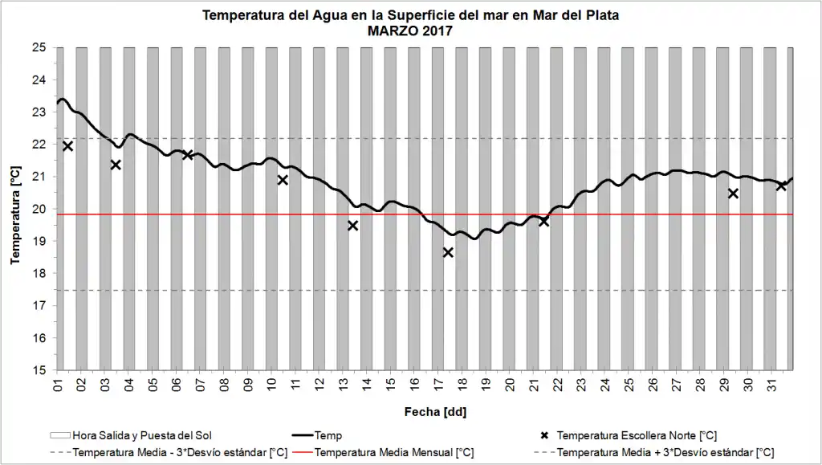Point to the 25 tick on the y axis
(x=39, y=47)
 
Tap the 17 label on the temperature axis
(x=39, y=305)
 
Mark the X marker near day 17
(x=448, y=252)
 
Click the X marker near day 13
(x=352, y=226)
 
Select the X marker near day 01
(x=67, y=146)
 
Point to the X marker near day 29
(x=733, y=194)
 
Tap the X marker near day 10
(x=283, y=180)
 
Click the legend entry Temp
(x=328, y=435)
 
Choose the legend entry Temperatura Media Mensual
(x=393, y=452)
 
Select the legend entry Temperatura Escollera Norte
(x=637, y=435)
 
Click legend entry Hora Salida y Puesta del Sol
(x=141, y=435)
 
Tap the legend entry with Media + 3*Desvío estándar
(x=665, y=452)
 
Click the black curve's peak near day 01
(x=63, y=100)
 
